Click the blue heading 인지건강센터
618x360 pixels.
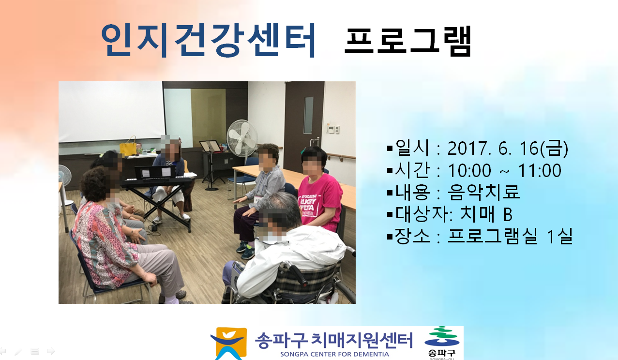pyautogui.click(x=209, y=40)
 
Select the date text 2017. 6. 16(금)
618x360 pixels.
pyautogui.click(x=508, y=148)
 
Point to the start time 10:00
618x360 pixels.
pyautogui.click(x=469, y=170)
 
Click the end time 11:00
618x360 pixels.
pyautogui.click(x=540, y=170)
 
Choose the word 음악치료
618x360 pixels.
pyautogui.click(x=483, y=192)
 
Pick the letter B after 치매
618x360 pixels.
pyautogui.click(x=508, y=214)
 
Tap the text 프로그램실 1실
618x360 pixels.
pyautogui.click(x=510, y=236)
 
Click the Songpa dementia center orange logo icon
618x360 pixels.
pyautogui.click(x=229, y=343)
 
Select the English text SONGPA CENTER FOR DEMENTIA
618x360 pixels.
pyautogui.click(x=334, y=354)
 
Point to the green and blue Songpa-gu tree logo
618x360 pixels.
pyautogui.click(x=442, y=337)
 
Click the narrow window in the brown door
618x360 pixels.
pyautogui.click(x=308, y=115)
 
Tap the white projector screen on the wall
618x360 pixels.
pyautogui.click(x=112, y=111)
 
